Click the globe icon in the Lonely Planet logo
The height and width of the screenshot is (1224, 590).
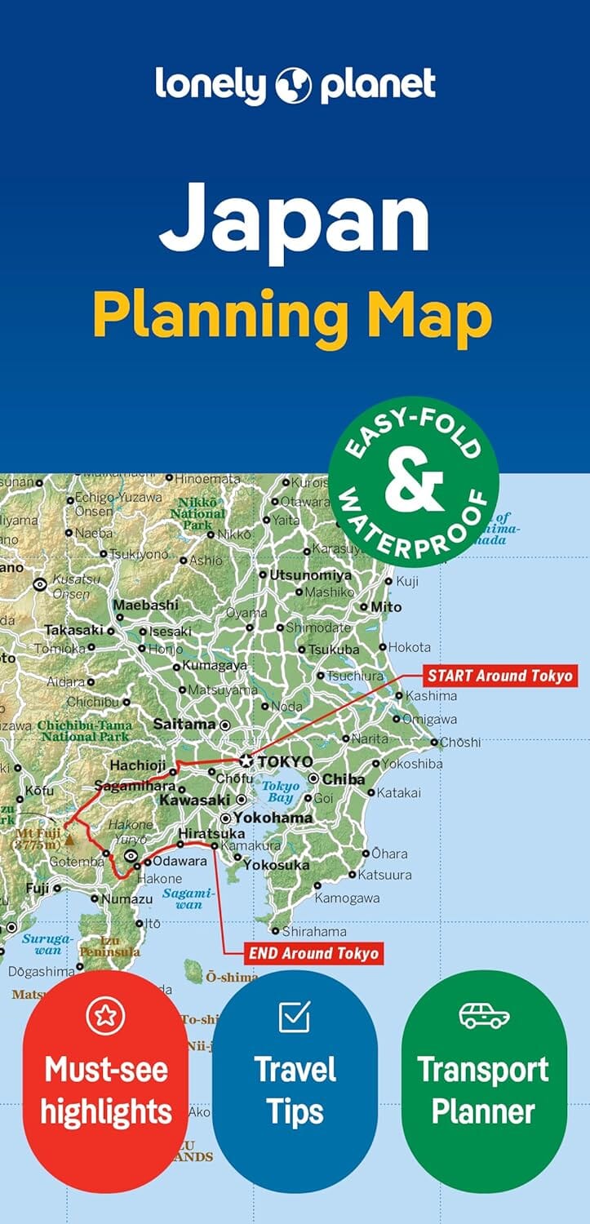click(295, 85)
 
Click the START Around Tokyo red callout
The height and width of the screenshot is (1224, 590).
click(499, 676)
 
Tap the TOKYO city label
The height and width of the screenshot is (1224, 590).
click(284, 761)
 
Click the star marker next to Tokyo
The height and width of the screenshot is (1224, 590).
click(246, 761)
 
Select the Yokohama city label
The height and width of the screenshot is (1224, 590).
click(273, 818)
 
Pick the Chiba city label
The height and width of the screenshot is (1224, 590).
click(343, 779)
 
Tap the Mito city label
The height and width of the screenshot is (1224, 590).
click(386, 607)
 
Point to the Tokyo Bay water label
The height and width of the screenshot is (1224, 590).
click(280, 792)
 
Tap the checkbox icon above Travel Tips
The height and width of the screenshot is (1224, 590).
click(295, 1016)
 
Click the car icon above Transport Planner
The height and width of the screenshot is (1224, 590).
click(483, 1017)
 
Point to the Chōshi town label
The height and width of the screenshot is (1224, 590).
click(460, 743)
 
